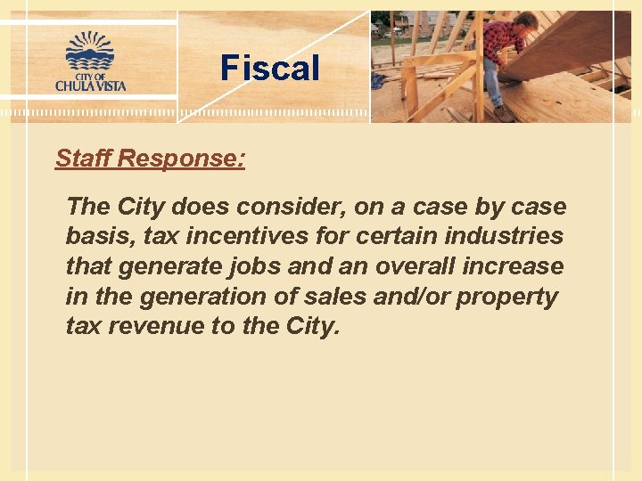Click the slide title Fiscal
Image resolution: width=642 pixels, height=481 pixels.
pos(269,68)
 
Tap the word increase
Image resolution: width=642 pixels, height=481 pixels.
pos(519,266)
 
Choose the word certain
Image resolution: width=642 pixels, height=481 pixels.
pos(389,236)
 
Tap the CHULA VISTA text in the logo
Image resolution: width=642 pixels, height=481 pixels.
pos(90,86)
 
